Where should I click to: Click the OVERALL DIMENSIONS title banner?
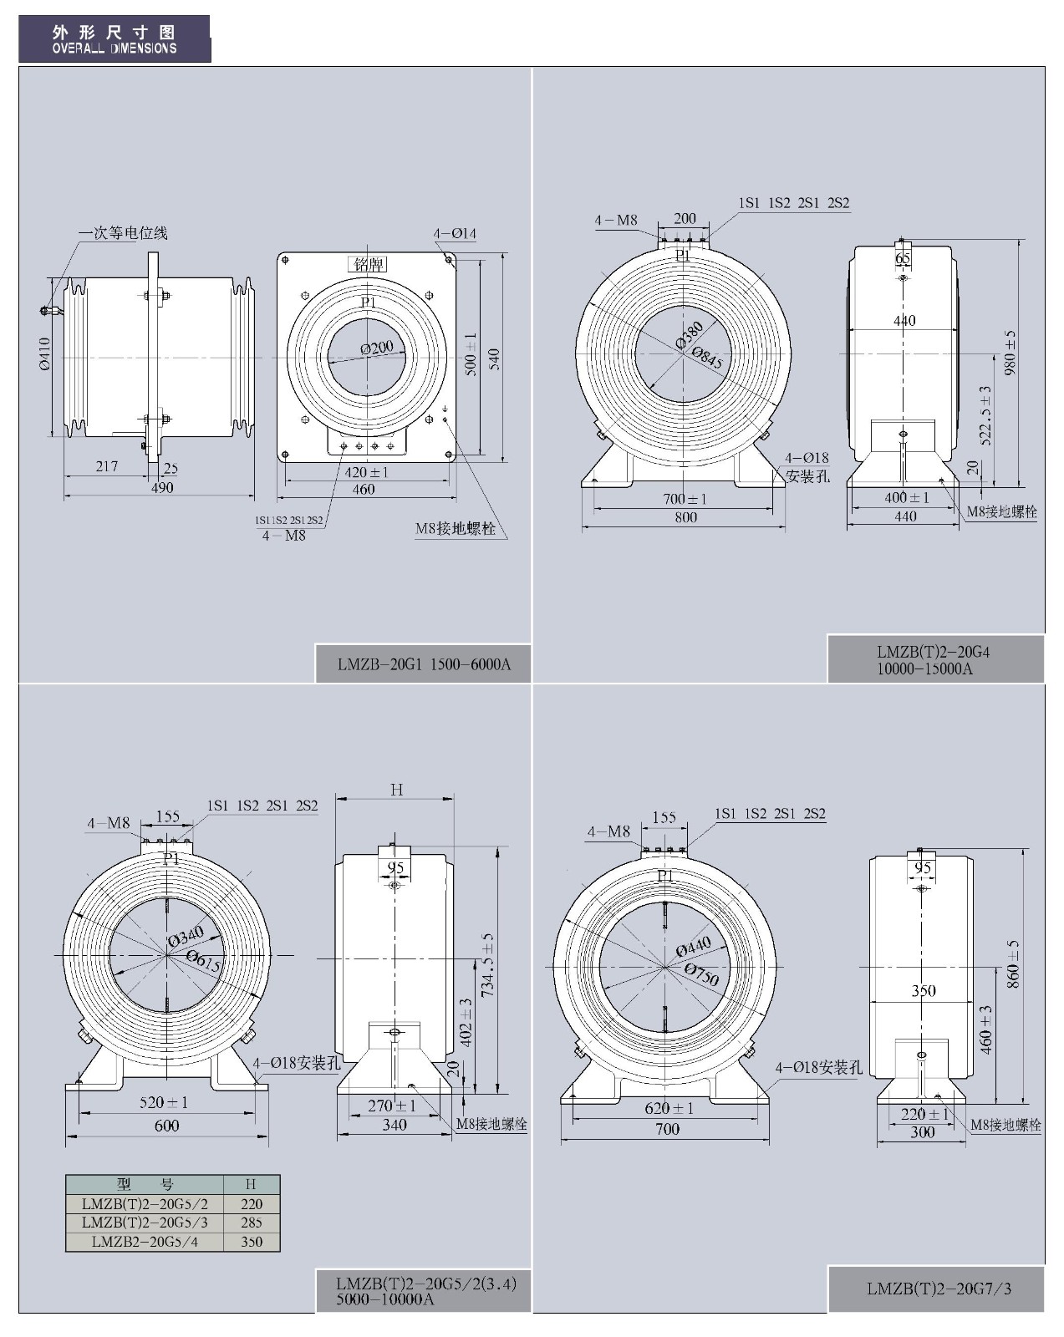(115, 39)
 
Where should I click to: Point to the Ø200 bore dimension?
(377, 347)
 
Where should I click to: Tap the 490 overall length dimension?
(162, 487)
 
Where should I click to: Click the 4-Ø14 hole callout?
(455, 233)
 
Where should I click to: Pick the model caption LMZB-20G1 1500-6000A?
(424, 665)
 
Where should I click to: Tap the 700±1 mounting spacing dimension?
(685, 499)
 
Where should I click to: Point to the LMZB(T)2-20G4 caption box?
(935, 659)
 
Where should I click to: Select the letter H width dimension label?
(396, 790)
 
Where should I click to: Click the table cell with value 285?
(252, 1223)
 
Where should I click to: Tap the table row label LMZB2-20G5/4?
(145, 1242)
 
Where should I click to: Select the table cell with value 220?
(252, 1204)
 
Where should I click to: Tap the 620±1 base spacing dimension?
(669, 1109)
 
